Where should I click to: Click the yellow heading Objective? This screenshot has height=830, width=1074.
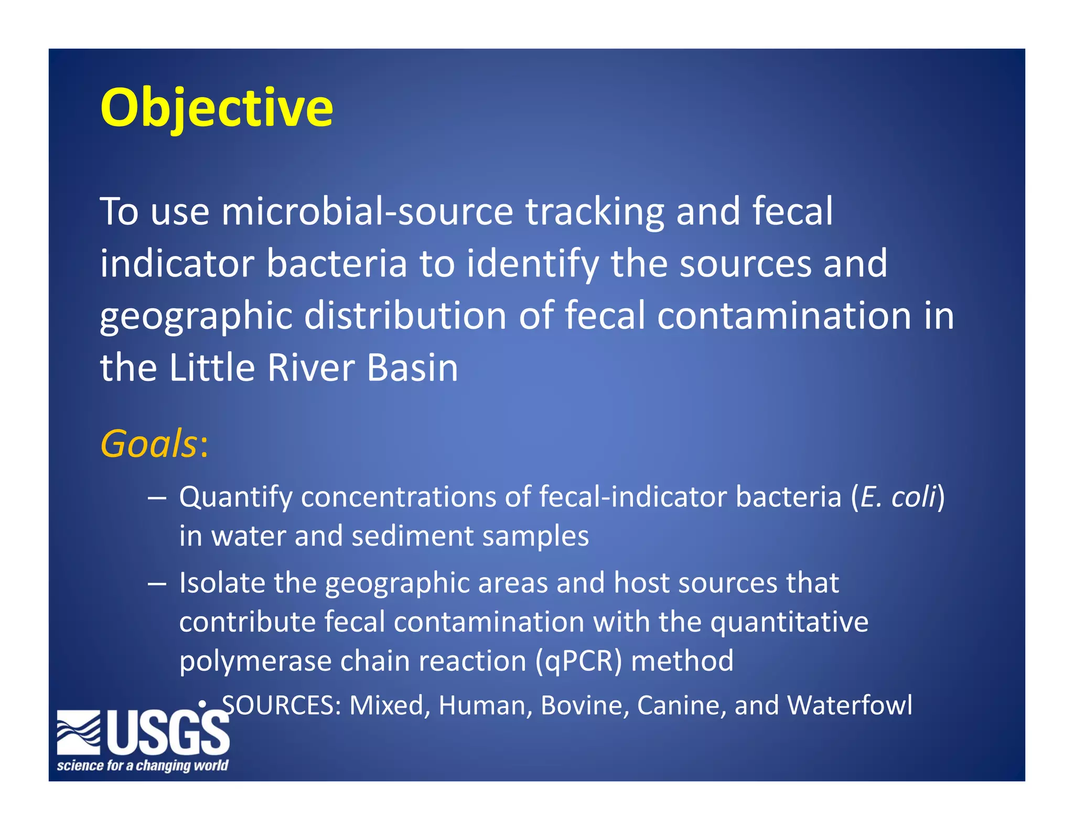coord(217,108)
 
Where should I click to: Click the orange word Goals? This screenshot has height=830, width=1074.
coord(148,444)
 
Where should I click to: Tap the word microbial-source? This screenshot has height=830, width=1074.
coord(367,211)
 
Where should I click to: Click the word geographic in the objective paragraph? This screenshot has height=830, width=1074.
coord(196,316)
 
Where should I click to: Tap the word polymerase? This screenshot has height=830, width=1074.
coord(255,661)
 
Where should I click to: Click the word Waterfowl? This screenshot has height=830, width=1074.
coord(850,705)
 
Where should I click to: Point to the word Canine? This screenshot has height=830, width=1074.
coord(681,705)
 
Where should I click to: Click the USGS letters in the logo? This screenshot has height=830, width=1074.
coord(169,733)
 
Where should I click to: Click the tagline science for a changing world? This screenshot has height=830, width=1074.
coord(143,765)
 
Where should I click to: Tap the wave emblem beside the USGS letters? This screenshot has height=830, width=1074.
coord(79,732)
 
